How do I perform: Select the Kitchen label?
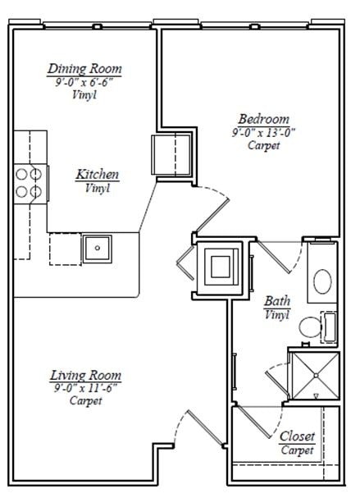pyautogui.click(x=98, y=175)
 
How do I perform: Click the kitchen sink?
pyautogui.click(x=96, y=246)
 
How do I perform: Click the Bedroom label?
pyautogui.click(x=263, y=118)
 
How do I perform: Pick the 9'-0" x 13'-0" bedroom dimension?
pyautogui.click(x=263, y=131)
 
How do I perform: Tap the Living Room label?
pyautogui.click(x=85, y=375)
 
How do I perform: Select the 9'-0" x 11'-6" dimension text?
pyautogui.click(x=85, y=388)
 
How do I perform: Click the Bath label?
pyautogui.click(x=276, y=301)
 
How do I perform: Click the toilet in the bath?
pyautogui.click(x=310, y=328)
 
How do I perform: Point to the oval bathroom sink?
pyautogui.click(x=322, y=282)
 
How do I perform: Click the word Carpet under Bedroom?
pyautogui.click(x=263, y=145)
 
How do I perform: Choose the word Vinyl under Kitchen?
pyautogui.click(x=98, y=188)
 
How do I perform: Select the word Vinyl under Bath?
pyautogui.click(x=276, y=314)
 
